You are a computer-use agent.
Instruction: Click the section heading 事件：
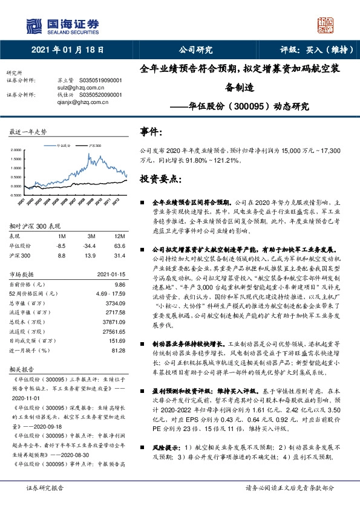[151, 131]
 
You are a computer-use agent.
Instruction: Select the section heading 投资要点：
[160, 179]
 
